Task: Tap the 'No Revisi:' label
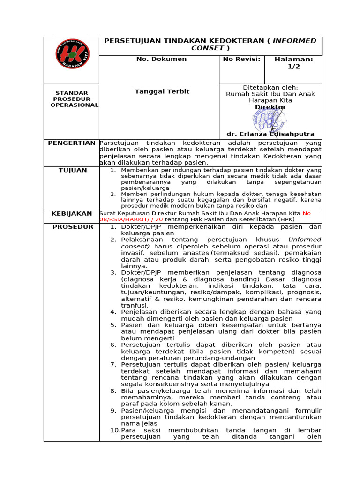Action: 241,59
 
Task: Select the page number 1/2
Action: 293,67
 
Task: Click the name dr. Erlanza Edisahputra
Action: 270,134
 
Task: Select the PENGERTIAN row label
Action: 72,142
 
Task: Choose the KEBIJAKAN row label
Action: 72,213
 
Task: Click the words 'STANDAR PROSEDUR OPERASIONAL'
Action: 74,99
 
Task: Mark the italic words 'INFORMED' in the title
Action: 294,41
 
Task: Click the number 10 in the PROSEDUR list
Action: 114,430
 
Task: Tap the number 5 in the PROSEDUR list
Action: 113,325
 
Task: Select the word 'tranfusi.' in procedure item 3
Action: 135,305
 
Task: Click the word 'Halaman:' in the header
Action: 293,59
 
